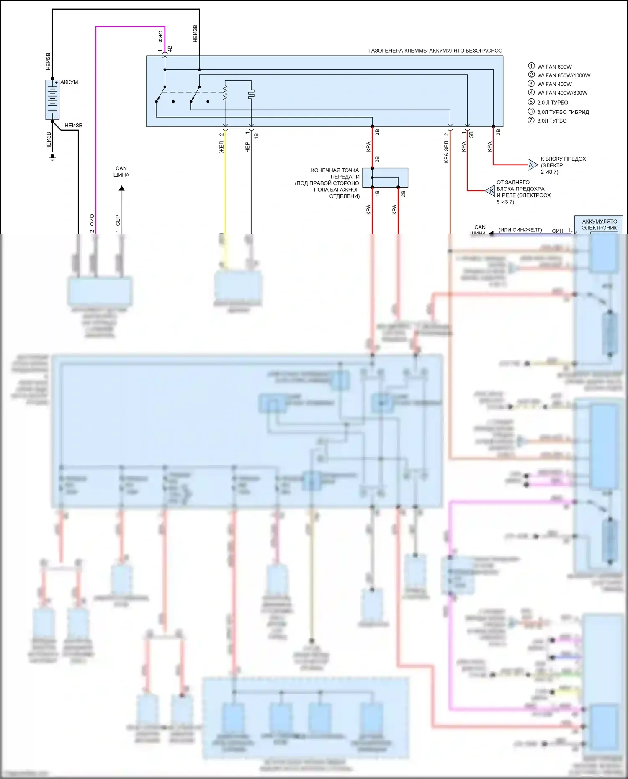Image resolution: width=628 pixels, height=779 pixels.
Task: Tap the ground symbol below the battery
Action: coord(52,158)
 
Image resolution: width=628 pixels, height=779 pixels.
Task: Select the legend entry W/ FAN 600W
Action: coord(554,67)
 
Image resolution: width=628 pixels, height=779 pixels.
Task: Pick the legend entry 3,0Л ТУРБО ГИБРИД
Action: coord(563,112)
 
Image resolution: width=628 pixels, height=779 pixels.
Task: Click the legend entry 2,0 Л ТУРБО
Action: coord(552,103)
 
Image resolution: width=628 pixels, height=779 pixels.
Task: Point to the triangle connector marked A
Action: coord(532,165)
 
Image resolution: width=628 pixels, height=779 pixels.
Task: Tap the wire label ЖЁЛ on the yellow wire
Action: coord(222,147)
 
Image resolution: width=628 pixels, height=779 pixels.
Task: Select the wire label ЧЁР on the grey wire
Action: coord(247,147)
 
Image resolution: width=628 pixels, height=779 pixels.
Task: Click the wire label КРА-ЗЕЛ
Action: coord(446,152)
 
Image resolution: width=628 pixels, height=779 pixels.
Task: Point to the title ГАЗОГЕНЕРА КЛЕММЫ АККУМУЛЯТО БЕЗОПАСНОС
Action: coord(435,51)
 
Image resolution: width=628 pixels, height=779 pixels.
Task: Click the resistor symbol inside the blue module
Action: coord(225,93)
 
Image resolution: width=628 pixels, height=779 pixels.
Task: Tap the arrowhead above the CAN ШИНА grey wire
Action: coord(121,188)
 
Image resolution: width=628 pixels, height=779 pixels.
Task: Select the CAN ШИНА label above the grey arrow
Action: coord(121,172)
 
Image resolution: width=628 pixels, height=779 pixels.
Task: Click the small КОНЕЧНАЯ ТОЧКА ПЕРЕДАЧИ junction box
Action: coord(385,177)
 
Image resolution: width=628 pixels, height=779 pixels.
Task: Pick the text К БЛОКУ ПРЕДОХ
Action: coord(563,159)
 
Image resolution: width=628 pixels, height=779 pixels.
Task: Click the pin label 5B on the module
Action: coord(471,134)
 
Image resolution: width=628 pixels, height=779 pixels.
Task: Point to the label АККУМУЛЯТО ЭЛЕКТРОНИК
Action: coord(600,224)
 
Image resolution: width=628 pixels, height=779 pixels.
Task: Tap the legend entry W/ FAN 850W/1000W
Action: coord(564,75)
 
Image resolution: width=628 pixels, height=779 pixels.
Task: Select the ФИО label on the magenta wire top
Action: coord(161,36)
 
